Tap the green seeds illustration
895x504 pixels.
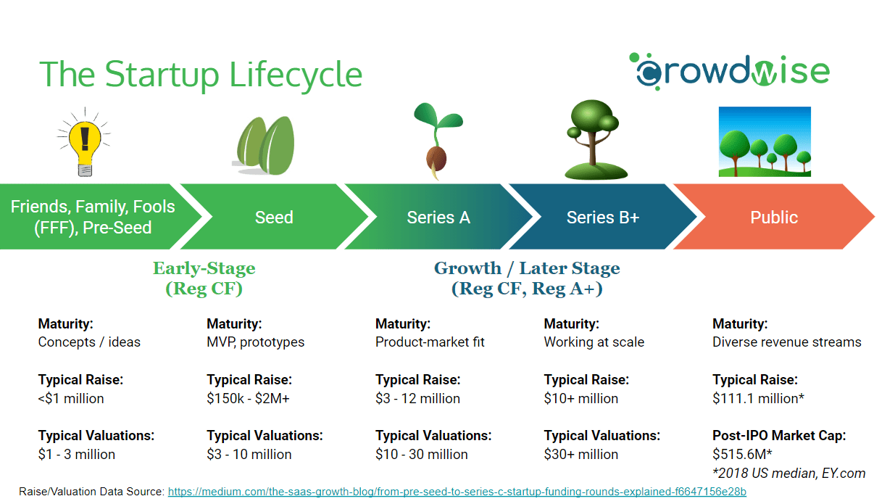click(265, 146)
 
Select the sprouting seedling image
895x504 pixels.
click(437, 141)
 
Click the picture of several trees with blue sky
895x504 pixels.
click(765, 141)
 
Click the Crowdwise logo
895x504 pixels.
click(730, 71)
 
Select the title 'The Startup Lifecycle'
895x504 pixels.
click(201, 75)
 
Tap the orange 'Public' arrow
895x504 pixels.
click(774, 217)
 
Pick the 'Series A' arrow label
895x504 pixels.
click(438, 218)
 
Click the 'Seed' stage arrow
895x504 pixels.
click(274, 217)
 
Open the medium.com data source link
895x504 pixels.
click(457, 492)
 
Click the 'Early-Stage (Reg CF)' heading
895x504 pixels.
click(204, 278)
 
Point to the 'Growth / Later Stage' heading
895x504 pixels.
click(527, 268)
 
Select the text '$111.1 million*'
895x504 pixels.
click(758, 398)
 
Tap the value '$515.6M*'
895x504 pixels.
click(742, 455)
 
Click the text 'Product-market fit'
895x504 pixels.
click(430, 342)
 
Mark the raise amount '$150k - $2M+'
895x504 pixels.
click(248, 398)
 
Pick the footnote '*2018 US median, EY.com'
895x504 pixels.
click(789, 474)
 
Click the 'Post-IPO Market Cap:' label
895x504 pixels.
click(779, 435)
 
